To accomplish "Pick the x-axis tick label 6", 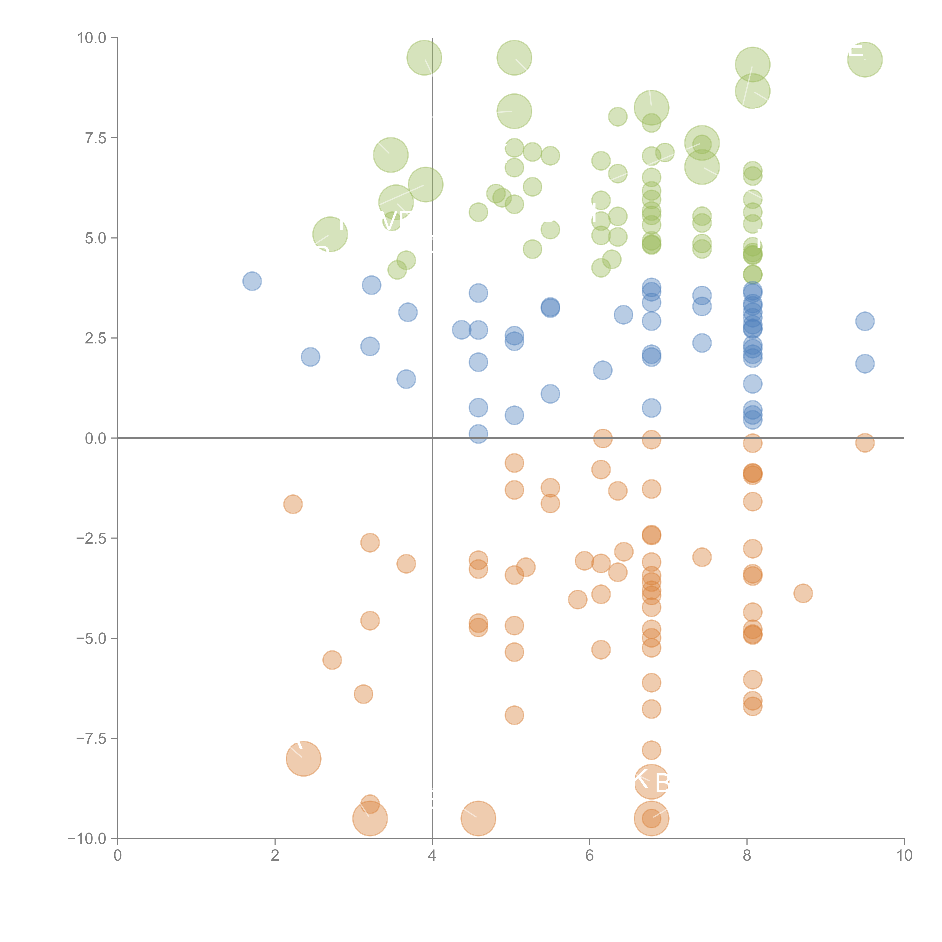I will [590, 856].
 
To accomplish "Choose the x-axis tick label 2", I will [275, 856].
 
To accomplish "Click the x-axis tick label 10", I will [904, 856].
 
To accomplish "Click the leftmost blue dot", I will [252, 281].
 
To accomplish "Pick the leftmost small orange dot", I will [293, 504].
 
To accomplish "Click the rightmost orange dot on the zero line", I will [865, 443].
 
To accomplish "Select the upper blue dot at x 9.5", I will [865, 321].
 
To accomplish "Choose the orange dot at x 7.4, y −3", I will [702, 557].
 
